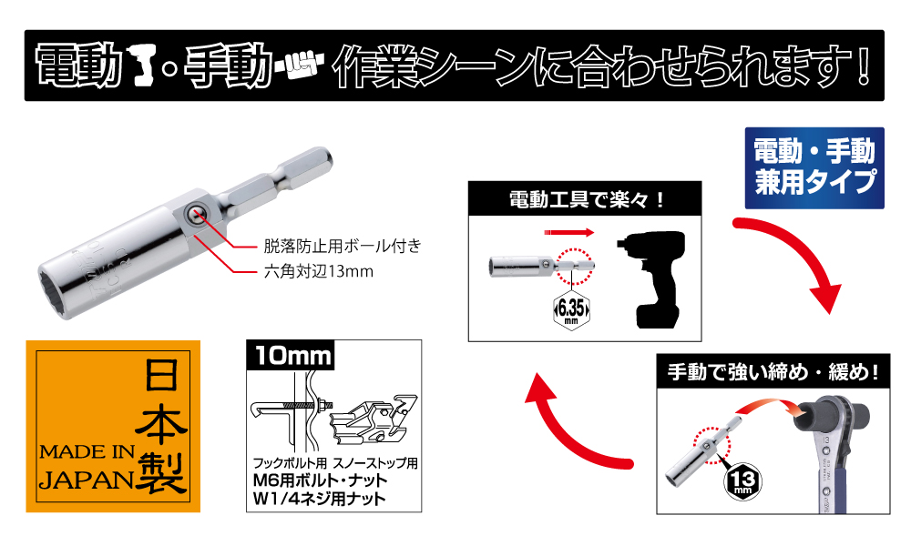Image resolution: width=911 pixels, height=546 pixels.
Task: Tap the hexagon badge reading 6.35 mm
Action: tap(572, 310)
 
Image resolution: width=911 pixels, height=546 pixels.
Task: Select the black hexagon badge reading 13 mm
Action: tap(742, 481)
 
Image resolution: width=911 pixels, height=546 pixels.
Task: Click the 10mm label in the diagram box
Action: tap(292, 355)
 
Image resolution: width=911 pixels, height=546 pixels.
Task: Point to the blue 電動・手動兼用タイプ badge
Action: tap(814, 168)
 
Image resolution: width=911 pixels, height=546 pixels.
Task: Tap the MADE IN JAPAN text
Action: tap(87, 468)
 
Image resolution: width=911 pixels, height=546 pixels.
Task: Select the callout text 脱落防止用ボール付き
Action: tap(343, 246)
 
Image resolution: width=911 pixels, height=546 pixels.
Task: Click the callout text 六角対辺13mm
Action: tap(318, 271)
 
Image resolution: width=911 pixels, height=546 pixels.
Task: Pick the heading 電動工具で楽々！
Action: tap(586, 200)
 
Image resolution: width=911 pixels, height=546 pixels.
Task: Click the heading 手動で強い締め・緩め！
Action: tap(773, 371)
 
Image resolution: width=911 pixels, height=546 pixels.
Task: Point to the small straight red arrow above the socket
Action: tap(569, 233)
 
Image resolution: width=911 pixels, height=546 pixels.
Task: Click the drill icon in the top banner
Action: tap(144, 66)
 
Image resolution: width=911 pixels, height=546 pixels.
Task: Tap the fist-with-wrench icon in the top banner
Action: tap(297, 65)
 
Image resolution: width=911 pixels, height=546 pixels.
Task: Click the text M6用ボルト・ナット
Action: tap(320, 480)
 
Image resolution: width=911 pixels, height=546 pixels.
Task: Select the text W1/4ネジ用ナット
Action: tap(320, 499)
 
